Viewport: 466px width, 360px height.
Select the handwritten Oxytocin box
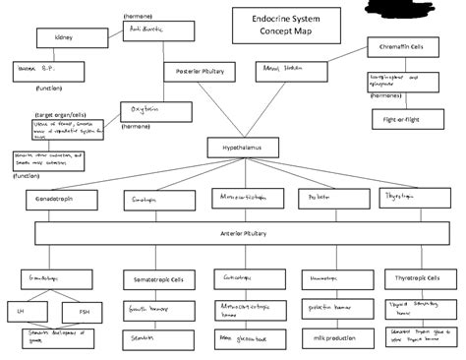pyautogui.click(x=148, y=110)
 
